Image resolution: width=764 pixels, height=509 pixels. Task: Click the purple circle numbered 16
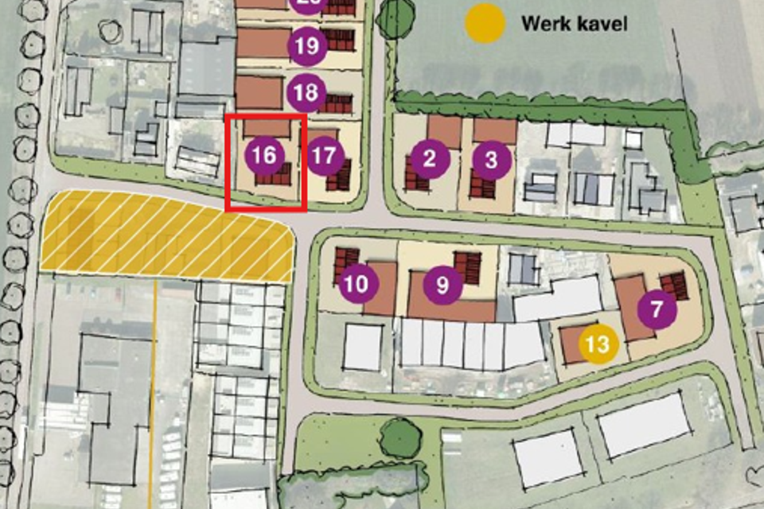[x=264, y=156]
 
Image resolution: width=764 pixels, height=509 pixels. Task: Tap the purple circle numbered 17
[x=324, y=156]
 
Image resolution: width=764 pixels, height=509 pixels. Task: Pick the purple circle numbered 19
[x=306, y=47]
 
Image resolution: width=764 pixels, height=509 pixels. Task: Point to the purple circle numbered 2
[x=431, y=158]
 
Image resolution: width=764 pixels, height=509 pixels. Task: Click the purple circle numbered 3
[x=491, y=159]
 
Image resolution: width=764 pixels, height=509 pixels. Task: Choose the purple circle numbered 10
[x=358, y=283]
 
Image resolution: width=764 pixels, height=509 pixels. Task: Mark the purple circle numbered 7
[x=657, y=309]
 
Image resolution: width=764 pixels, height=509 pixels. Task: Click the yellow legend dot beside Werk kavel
[x=485, y=23]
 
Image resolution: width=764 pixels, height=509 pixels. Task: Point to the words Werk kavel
[x=574, y=23]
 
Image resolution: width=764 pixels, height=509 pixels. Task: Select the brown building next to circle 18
[x=259, y=92]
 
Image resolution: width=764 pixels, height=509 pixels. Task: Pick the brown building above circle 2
[x=443, y=131]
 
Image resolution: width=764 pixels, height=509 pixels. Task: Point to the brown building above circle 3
[x=496, y=131]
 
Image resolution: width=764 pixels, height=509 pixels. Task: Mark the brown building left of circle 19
[x=259, y=44]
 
